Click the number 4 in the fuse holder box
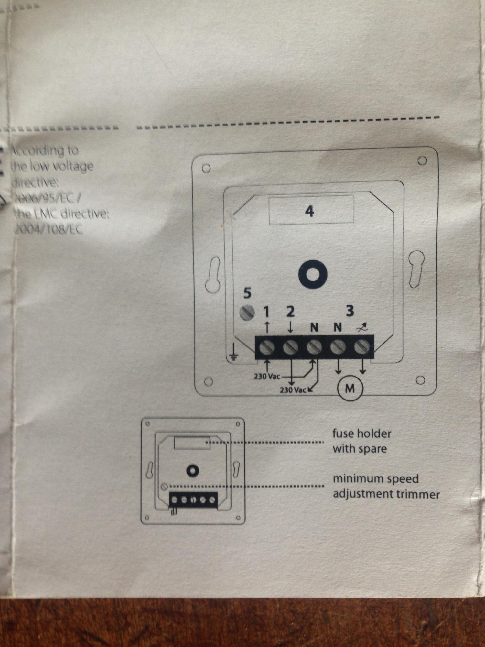point(309,211)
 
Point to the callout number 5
point(247,293)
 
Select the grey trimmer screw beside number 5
point(247,313)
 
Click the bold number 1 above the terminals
point(266,312)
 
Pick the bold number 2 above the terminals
point(290,312)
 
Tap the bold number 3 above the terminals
point(350,311)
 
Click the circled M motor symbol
point(350,388)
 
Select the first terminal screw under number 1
point(267,347)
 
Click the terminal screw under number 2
point(290,347)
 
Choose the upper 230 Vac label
point(267,376)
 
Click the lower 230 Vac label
point(293,390)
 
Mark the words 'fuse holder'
point(362,433)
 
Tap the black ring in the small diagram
point(193,470)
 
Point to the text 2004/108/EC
point(48,229)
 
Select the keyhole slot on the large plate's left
point(213,273)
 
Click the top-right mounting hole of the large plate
point(422,161)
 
